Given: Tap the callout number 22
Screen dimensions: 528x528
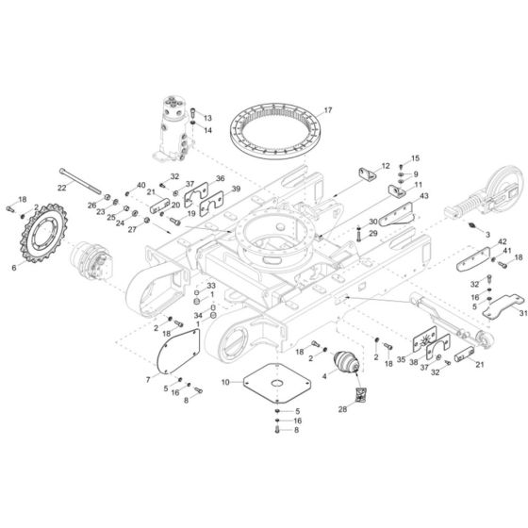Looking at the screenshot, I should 62,189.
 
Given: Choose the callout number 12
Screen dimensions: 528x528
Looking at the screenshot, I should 385,166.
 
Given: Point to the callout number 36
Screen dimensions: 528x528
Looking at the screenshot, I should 220,178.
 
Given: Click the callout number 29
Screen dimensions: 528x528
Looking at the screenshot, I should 372,233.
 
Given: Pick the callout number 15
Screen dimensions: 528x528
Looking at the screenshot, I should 415,158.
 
